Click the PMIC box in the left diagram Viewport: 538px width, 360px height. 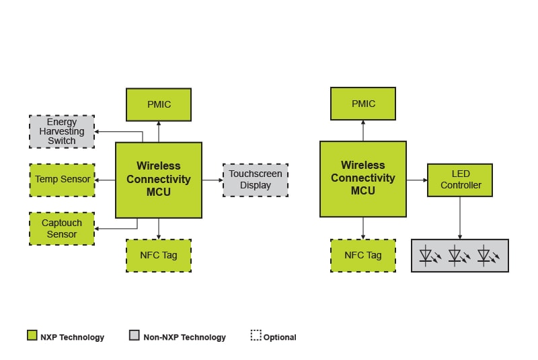[x=159, y=104]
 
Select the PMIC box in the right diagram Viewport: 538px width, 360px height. [x=363, y=104]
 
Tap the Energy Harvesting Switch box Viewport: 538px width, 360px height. [x=62, y=131]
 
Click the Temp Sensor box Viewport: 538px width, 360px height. [x=62, y=180]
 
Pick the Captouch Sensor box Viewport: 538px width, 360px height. [x=62, y=228]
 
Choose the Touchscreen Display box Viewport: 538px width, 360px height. [x=256, y=180]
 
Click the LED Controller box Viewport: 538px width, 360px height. [x=460, y=180]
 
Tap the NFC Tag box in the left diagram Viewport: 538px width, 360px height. [x=159, y=255]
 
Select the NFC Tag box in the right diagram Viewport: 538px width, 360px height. [x=363, y=255]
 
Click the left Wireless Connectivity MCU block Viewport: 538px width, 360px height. [x=159, y=180]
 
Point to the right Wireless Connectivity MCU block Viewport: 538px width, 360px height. [x=363, y=178]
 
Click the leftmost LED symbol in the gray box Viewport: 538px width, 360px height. [x=427, y=256]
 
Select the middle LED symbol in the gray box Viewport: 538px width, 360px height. [x=457, y=256]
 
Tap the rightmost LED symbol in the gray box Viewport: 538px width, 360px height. [x=486, y=256]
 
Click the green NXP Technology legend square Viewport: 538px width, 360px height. [x=32, y=336]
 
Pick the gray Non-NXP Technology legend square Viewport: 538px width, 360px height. [x=134, y=336]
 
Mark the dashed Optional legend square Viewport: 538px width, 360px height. [x=256, y=336]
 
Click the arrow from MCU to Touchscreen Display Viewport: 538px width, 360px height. [x=213, y=180]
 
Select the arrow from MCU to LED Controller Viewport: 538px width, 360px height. [x=417, y=180]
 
